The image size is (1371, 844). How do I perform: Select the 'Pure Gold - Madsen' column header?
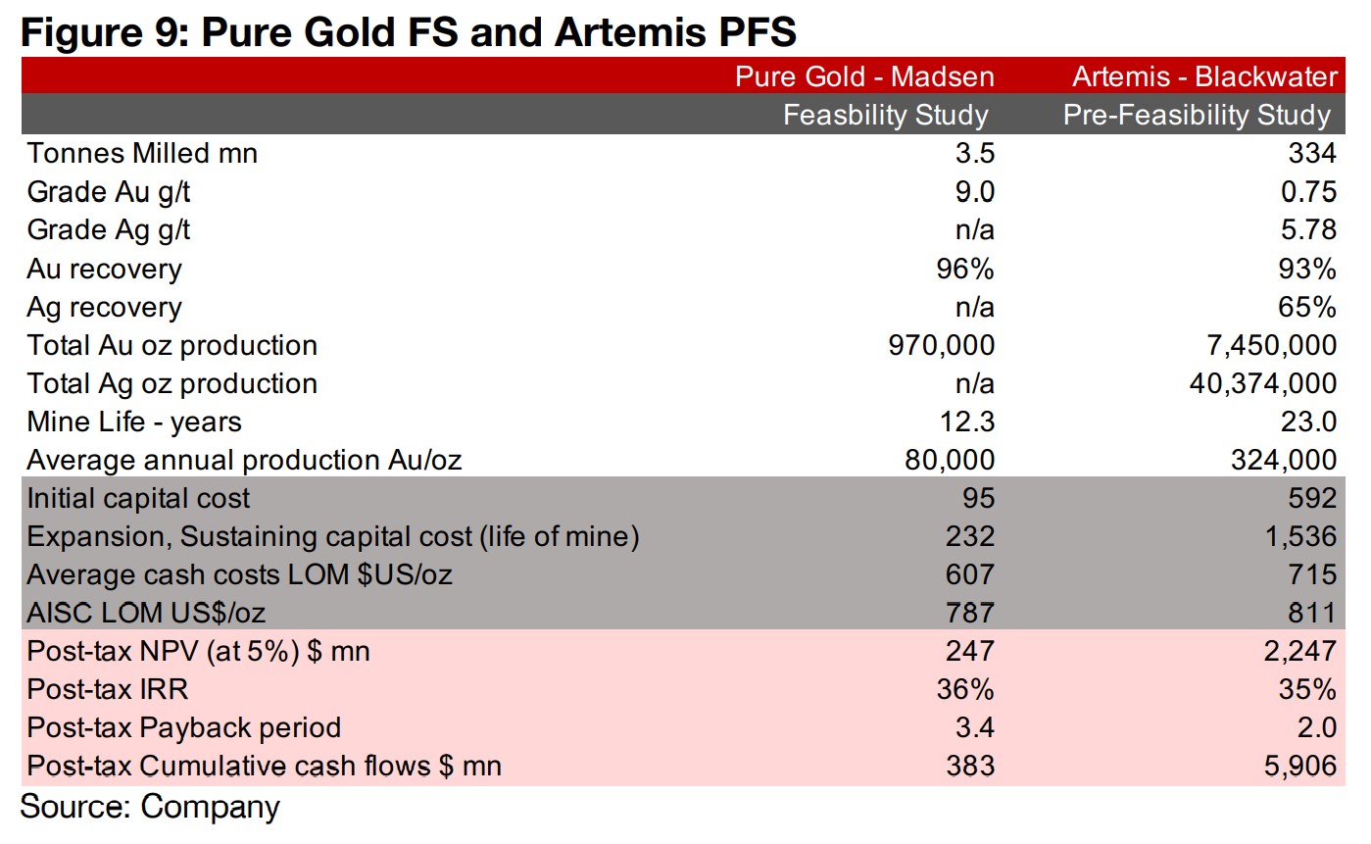864,76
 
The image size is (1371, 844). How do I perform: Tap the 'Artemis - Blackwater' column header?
1204,76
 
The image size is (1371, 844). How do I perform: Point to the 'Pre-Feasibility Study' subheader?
1197,115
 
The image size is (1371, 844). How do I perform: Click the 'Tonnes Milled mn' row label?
142,153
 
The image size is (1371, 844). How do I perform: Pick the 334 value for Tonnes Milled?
1312,153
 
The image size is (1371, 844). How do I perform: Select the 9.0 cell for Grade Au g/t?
971,191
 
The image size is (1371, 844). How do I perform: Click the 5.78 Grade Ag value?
1307,229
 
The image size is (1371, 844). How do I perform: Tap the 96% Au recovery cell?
966,269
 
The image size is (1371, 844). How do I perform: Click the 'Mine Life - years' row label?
134,422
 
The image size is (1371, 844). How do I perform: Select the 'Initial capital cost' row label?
138,498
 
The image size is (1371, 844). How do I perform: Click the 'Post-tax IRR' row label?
108,689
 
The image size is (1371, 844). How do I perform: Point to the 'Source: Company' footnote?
150,807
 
